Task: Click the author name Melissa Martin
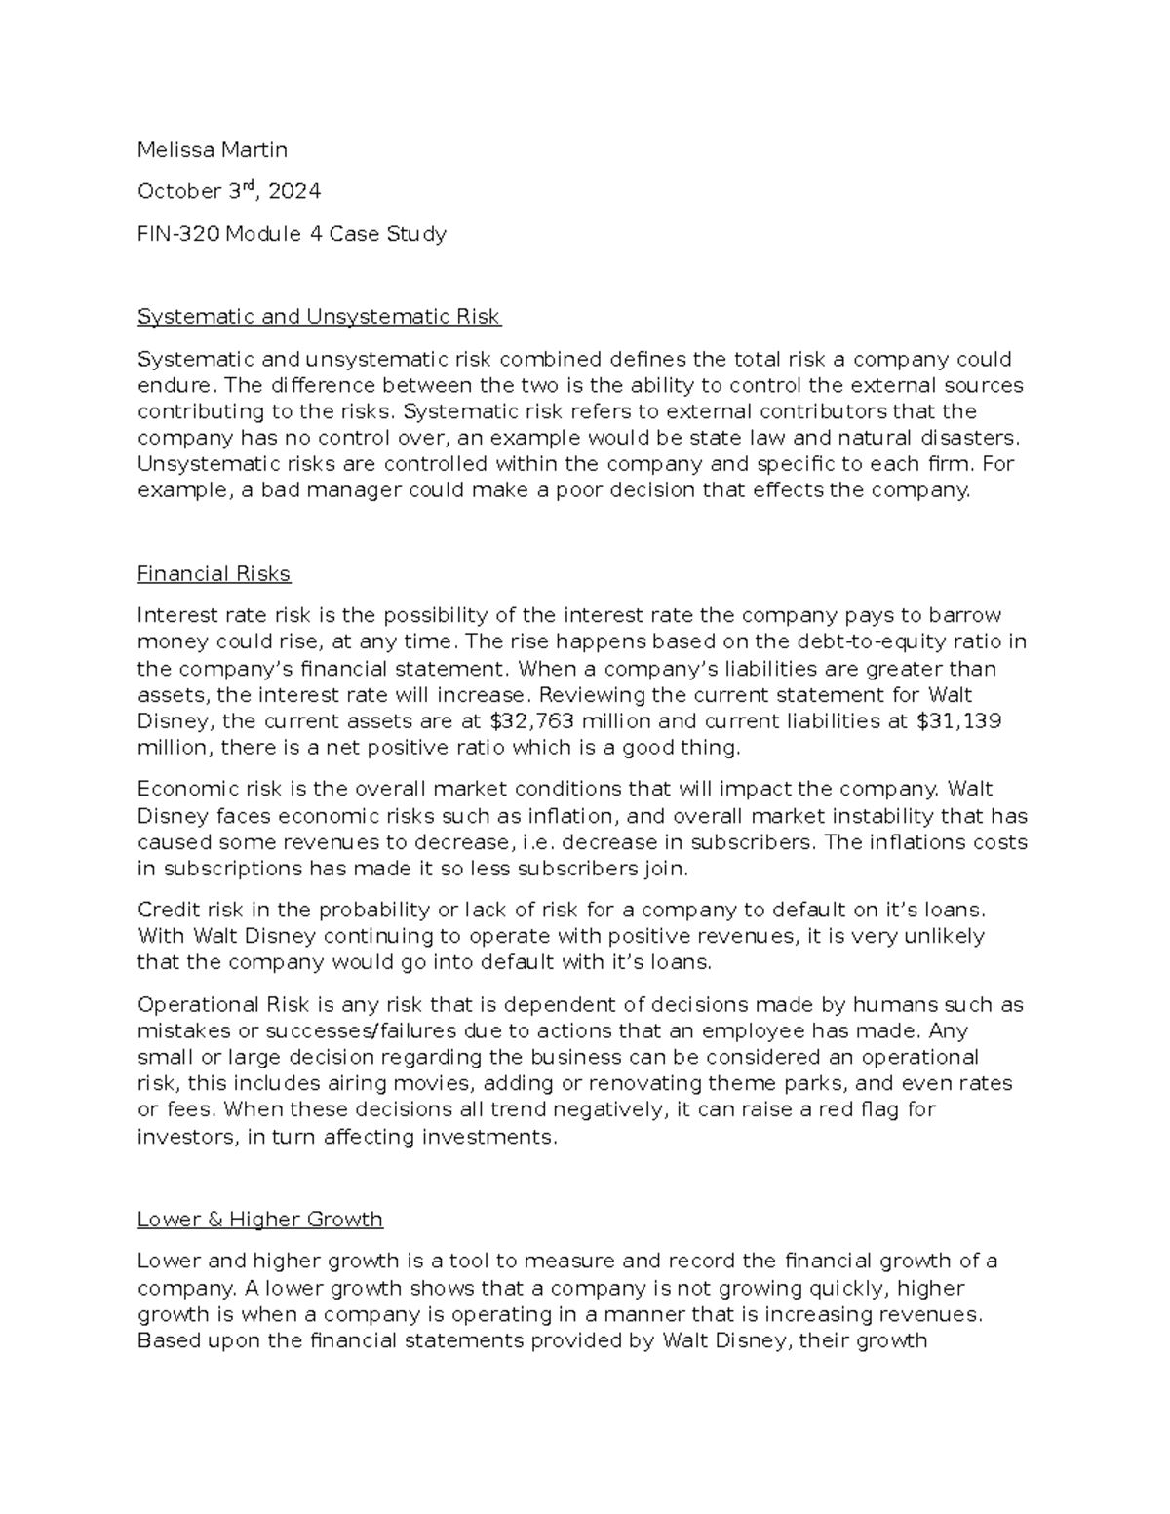pyautogui.click(x=213, y=149)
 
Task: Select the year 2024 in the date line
pyautogui.click(x=293, y=192)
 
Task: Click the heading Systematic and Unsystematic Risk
pyautogui.click(x=319, y=317)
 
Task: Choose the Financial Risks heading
pyautogui.click(x=214, y=574)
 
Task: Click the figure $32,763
pyautogui.click(x=527, y=721)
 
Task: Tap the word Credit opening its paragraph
pyautogui.click(x=168, y=911)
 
